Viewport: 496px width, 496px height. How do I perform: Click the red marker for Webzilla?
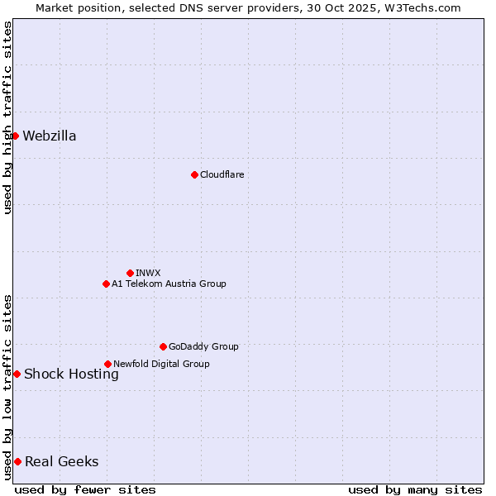(15, 136)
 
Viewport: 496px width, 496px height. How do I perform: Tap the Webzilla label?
(50, 136)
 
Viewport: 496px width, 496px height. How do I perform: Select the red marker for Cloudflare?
(194, 174)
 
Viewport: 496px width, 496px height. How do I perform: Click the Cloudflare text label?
(222, 174)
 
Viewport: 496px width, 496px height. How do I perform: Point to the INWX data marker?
(130, 273)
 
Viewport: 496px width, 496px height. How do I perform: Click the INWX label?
(148, 273)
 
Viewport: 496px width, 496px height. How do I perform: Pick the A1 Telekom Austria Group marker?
(106, 284)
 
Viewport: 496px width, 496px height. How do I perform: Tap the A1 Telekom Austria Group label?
(169, 284)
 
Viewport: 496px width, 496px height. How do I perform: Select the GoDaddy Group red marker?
(163, 346)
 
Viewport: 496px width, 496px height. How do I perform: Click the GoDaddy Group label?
(203, 346)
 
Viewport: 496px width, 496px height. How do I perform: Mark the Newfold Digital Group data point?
(107, 364)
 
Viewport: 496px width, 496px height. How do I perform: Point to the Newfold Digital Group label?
(161, 364)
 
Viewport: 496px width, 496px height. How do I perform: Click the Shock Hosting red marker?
(17, 374)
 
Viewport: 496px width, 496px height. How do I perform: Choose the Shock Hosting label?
(71, 374)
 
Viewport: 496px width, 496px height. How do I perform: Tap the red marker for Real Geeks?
(17, 461)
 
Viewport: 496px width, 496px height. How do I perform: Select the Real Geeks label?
(61, 462)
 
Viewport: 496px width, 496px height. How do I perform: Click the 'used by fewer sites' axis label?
(85, 489)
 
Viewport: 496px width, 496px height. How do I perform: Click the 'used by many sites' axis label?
(415, 489)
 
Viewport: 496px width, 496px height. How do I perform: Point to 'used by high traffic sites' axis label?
(7, 117)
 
